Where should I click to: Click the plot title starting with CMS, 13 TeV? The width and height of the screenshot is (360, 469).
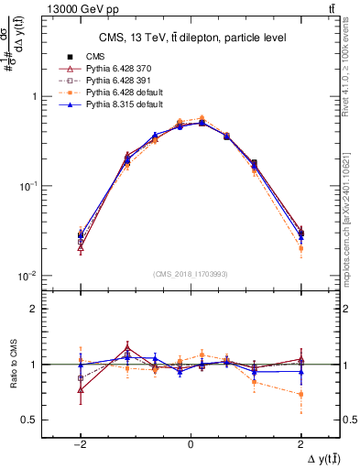[191, 37]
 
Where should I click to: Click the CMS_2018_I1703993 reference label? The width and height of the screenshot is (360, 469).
[191, 273]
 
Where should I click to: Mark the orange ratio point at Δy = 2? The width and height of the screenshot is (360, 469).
[300, 395]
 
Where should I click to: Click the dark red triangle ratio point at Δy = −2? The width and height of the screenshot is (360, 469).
[81, 389]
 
